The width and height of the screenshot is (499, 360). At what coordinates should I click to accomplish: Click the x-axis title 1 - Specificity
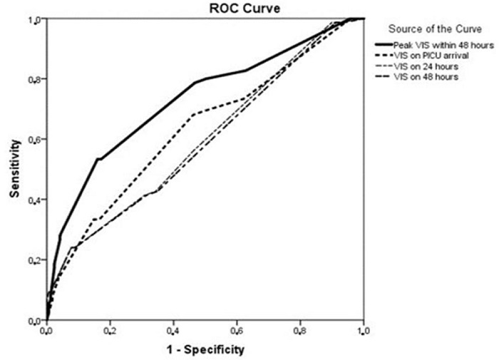click(205, 349)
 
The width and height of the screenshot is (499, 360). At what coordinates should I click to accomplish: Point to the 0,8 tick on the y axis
click(34, 79)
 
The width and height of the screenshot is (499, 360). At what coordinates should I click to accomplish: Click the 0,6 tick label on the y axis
click(34, 140)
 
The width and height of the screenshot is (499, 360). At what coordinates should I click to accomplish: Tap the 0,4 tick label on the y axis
click(34, 200)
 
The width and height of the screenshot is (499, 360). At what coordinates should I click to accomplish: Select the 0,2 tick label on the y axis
click(34, 260)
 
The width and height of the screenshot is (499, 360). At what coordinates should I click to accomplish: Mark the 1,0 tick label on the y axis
click(34, 19)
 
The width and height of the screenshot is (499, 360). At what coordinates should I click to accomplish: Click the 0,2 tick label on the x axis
click(110, 331)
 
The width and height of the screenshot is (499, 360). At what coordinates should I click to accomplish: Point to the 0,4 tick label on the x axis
click(173, 331)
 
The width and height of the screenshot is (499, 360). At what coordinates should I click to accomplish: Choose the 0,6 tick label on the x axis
click(237, 331)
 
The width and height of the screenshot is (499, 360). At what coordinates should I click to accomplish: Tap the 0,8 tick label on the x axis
click(300, 331)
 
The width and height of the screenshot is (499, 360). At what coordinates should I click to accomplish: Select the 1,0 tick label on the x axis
click(363, 331)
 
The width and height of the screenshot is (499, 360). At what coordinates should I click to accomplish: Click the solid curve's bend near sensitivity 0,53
click(98, 159)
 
